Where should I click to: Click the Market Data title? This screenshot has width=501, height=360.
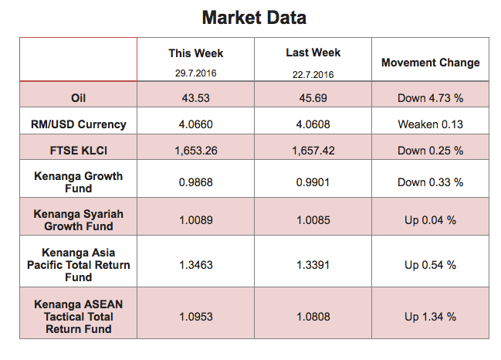point(254,18)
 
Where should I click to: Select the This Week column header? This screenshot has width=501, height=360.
point(196,53)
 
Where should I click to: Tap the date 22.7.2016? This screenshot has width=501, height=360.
point(313,75)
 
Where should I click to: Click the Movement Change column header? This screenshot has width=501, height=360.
point(431,63)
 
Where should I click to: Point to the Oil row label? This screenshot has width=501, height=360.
point(78,98)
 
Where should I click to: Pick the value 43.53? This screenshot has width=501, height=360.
point(196,98)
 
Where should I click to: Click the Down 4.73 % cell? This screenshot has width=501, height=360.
point(431,98)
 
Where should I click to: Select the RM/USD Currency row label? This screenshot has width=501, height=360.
point(78,124)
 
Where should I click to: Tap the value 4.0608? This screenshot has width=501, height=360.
point(313,124)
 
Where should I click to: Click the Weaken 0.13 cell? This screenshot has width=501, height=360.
point(431,124)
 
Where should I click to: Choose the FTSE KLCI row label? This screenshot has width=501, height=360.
point(78,151)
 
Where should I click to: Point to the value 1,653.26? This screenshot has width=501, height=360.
point(196,151)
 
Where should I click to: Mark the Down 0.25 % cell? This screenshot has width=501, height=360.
point(431,151)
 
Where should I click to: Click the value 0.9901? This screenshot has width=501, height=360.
point(313,182)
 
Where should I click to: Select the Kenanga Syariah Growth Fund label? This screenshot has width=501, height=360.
point(78,220)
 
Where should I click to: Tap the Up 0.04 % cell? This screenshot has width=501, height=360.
point(431,220)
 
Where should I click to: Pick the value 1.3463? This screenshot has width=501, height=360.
point(196,265)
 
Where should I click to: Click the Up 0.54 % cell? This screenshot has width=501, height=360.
point(431,265)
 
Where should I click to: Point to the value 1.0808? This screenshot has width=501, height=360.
point(313,317)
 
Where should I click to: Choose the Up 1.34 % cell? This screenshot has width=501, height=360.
point(431,317)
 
